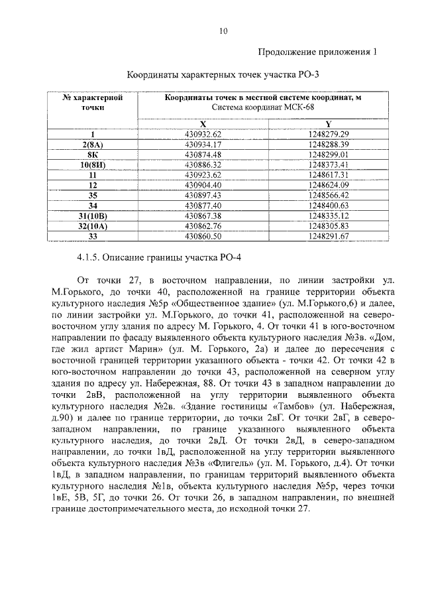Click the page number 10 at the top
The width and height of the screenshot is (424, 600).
tap(224, 30)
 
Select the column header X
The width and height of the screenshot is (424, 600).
tap(203, 124)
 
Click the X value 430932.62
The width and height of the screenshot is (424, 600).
tap(203, 134)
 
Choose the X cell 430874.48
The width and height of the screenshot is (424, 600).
tap(203, 154)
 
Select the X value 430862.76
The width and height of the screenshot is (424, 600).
tap(203, 225)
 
